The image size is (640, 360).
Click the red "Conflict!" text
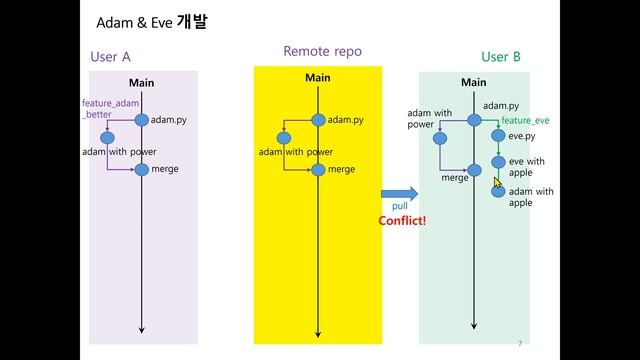tap(402, 221)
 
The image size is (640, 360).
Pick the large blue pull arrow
tap(398, 193)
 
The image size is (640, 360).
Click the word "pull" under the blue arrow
tap(400, 207)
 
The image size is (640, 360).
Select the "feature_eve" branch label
tap(525, 121)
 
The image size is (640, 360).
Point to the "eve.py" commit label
tap(522, 136)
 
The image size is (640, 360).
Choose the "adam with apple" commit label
tap(531, 196)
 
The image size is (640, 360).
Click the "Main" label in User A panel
tap(141, 82)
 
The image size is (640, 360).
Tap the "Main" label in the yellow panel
tap(317, 78)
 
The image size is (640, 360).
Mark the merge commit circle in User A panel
tap(141, 169)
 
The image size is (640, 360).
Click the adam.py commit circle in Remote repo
tap(318, 120)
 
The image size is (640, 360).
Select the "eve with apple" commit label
tap(527, 166)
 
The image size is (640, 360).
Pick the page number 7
tap(520, 343)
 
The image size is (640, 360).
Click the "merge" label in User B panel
tap(455, 177)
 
